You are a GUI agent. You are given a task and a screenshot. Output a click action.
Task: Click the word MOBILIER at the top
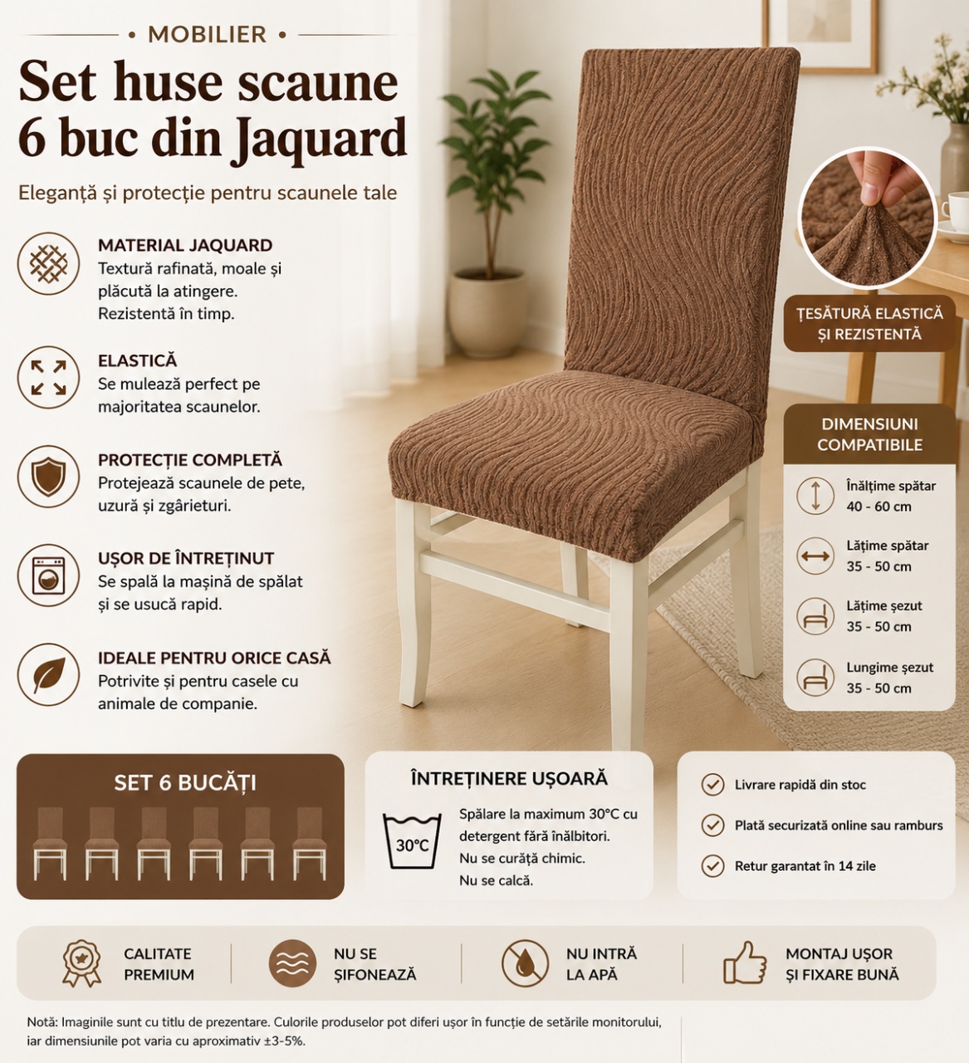click(207, 35)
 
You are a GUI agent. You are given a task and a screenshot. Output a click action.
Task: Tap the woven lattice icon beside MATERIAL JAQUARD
click(48, 264)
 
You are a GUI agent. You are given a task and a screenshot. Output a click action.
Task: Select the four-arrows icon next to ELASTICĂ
click(48, 378)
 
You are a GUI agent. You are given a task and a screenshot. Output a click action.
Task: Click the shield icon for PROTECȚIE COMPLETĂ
click(48, 477)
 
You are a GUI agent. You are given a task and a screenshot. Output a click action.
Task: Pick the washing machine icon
click(48, 576)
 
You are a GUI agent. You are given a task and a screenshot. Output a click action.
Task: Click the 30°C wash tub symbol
click(412, 841)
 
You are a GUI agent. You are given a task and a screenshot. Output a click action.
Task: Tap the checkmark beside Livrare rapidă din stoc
click(712, 785)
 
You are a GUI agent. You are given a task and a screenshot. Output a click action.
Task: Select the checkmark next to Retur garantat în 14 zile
click(712, 866)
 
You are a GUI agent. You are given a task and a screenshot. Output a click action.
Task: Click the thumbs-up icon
click(745, 963)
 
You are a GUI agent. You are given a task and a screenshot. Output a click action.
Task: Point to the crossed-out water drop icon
click(525, 964)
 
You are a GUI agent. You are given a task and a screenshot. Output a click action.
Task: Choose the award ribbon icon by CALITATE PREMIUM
click(81, 963)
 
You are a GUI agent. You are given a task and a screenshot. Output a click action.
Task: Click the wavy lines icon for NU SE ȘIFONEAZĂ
click(292, 964)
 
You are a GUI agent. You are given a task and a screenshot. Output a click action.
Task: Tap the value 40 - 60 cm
click(879, 507)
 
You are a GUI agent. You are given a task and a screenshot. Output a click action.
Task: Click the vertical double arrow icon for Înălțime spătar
click(815, 496)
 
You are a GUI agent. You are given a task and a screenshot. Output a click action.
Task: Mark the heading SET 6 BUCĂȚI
click(185, 783)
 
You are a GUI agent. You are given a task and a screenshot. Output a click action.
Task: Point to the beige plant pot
click(487, 314)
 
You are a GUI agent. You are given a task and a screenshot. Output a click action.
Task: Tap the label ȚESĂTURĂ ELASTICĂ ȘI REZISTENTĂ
click(869, 324)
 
